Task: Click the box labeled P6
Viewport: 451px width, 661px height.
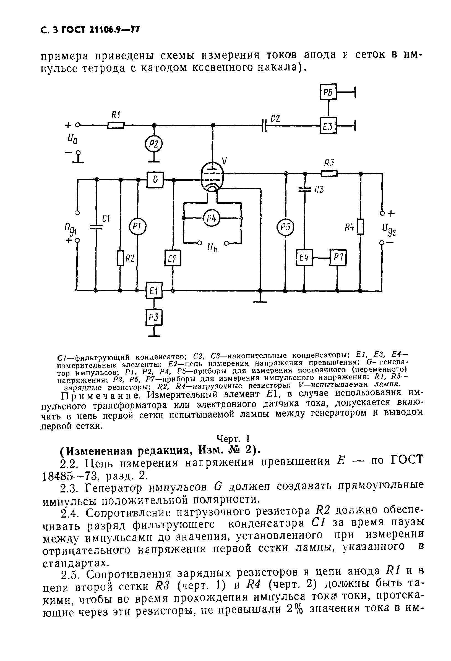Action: pyautogui.click(x=328, y=91)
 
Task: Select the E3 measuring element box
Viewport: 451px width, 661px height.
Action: pyautogui.click(x=328, y=125)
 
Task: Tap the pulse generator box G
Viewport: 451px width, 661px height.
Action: pyautogui.click(x=155, y=180)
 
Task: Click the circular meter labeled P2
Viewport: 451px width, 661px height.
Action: pyautogui.click(x=154, y=144)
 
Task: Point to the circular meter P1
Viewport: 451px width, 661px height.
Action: pyautogui.click(x=138, y=226)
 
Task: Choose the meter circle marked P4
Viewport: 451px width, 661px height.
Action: pyautogui.click(x=212, y=218)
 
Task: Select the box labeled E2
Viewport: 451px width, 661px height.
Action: pyautogui.click(x=173, y=258)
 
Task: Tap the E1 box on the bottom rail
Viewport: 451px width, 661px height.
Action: pyautogui.click(x=154, y=290)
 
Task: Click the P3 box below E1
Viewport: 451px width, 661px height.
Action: pyautogui.click(x=154, y=317)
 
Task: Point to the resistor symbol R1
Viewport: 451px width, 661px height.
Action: pyautogui.click(x=116, y=125)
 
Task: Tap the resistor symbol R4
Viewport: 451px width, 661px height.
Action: pyautogui.click(x=360, y=227)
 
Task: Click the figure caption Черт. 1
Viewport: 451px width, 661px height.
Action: pyautogui.click(x=233, y=438)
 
